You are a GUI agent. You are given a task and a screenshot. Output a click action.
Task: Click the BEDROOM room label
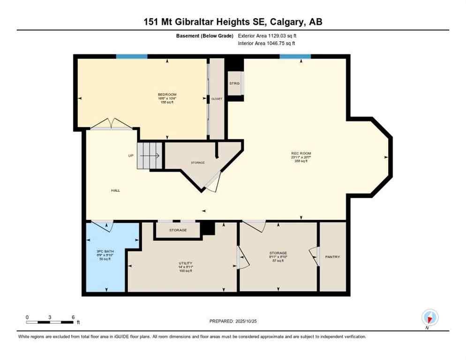167,95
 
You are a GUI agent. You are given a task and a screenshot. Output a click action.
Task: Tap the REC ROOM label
301,153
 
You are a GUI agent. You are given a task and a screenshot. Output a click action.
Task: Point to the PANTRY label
332,256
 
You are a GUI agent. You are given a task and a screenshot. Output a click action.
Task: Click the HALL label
115,190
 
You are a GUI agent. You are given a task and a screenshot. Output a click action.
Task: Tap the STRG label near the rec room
234,83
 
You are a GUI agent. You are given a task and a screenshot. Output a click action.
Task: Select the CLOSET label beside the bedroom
216,99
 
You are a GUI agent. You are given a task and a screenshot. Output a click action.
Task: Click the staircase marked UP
150,156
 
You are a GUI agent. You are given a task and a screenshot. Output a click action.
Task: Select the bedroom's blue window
132,56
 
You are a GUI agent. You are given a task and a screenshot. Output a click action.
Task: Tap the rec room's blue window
295,56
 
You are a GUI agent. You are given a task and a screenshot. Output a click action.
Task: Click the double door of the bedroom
111,124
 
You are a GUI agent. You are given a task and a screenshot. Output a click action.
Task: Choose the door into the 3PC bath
102,225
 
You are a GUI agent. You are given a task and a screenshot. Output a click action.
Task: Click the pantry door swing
314,257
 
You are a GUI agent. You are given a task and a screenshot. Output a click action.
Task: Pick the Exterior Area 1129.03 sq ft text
267,35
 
